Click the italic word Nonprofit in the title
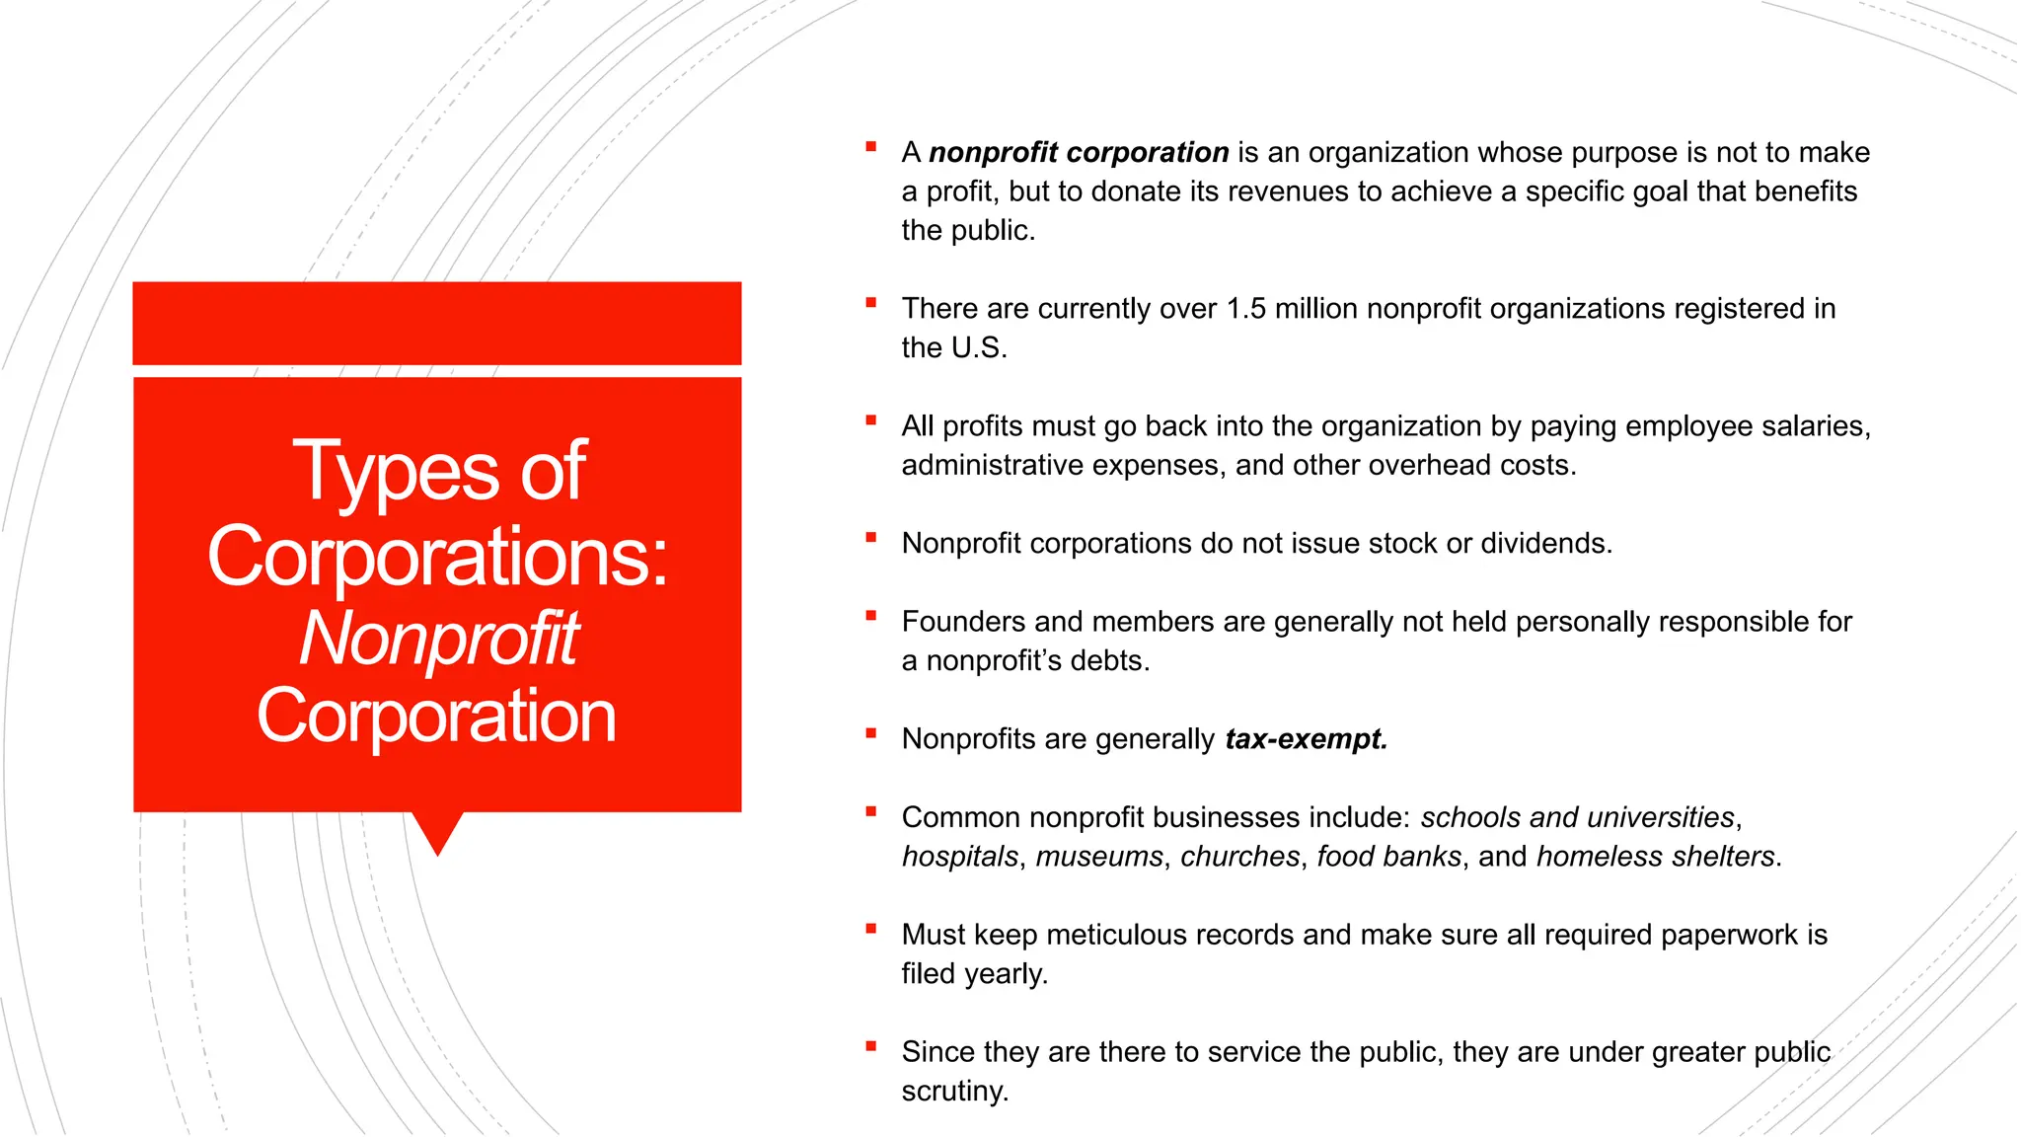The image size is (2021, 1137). [438, 639]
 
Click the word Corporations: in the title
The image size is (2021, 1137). [438, 556]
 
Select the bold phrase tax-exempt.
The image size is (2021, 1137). [1306, 739]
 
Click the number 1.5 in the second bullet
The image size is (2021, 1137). [1245, 309]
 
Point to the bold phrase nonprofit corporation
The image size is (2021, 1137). [1079, 153]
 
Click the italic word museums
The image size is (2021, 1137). [1099, 857]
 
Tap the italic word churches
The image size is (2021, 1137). [1239, 857]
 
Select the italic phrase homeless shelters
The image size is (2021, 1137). [1655, 857]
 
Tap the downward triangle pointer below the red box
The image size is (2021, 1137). [437, 832]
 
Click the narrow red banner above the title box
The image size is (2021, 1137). [437, 323]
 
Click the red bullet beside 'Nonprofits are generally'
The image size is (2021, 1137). [870, 733]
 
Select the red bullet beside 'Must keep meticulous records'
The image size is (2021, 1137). [870, 929]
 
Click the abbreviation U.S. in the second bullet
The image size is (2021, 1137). [977, 348]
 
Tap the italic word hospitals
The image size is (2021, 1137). [959, 857]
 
